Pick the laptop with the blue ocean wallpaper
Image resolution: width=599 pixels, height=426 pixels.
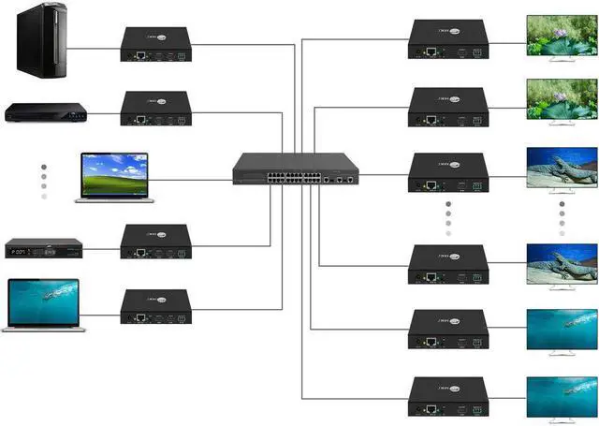coord(46,303)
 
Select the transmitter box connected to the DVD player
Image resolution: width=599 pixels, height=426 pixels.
coord(156,109)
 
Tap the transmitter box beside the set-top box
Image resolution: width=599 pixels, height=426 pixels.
coord(156,241)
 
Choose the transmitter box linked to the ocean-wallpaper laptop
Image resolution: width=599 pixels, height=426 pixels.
coord(156,306)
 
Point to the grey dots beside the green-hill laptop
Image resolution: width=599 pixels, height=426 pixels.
coord(43,182)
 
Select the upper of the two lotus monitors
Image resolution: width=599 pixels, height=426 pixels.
coord(561,39)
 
